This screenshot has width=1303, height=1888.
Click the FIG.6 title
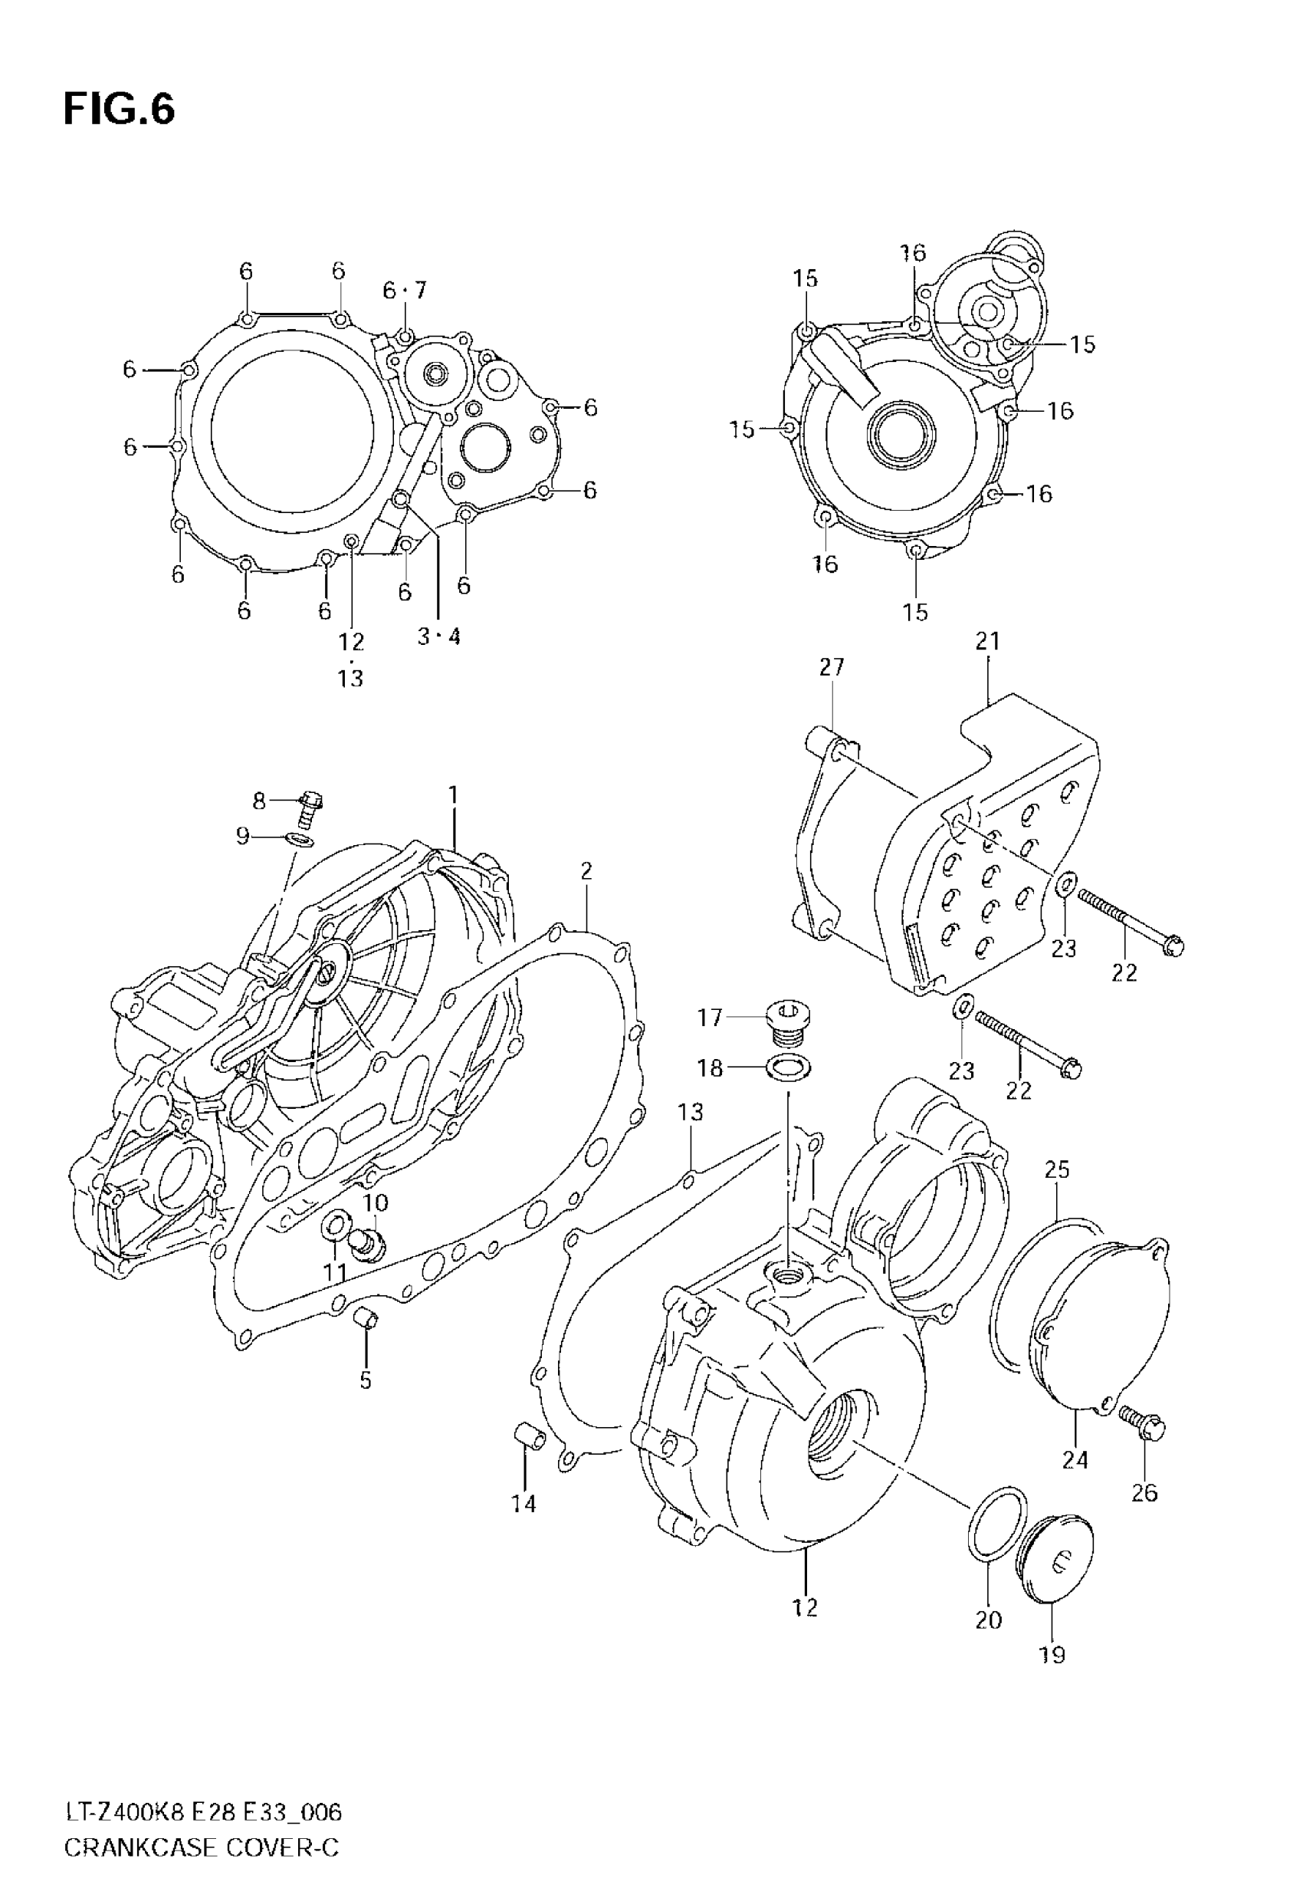pos(120,110)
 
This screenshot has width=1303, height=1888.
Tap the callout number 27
pos(831,667)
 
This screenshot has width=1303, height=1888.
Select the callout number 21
pos(987,641)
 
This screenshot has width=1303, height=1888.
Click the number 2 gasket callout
pos(586,871)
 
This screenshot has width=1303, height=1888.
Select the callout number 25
pos(1057,1169)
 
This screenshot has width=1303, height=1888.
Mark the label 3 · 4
pos(438,636)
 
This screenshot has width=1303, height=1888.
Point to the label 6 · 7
pos(404,290)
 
